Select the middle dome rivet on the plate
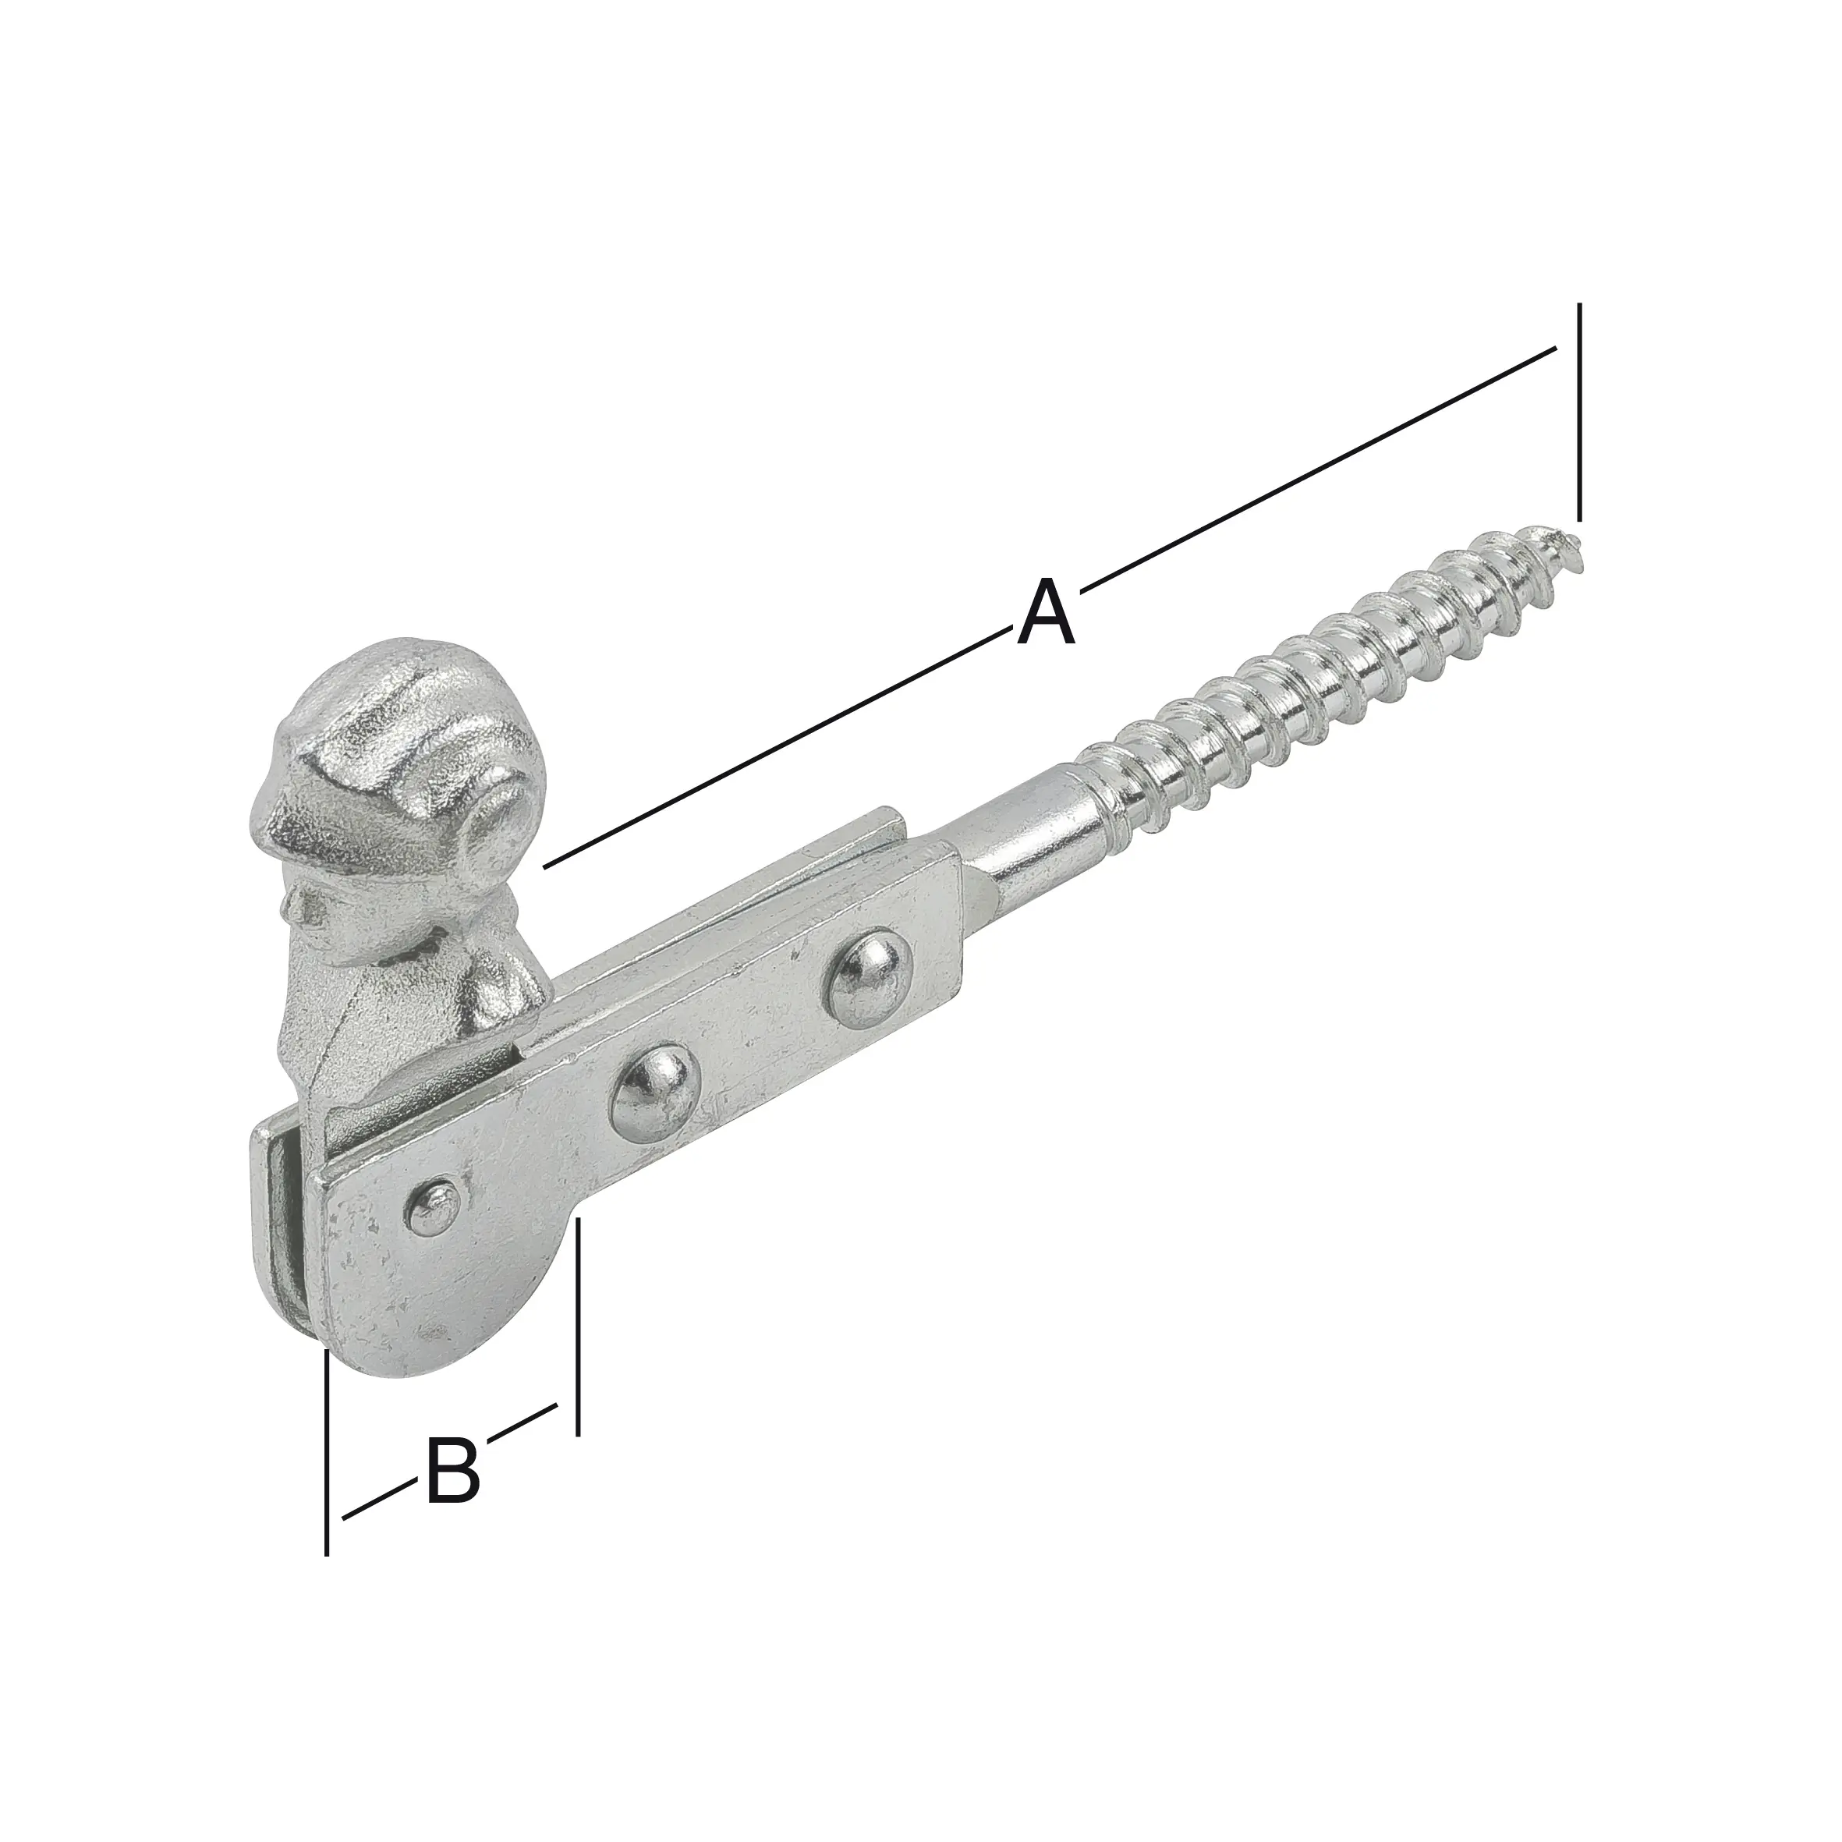pos(654,1096)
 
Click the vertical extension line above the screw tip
pos(1580,410)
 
